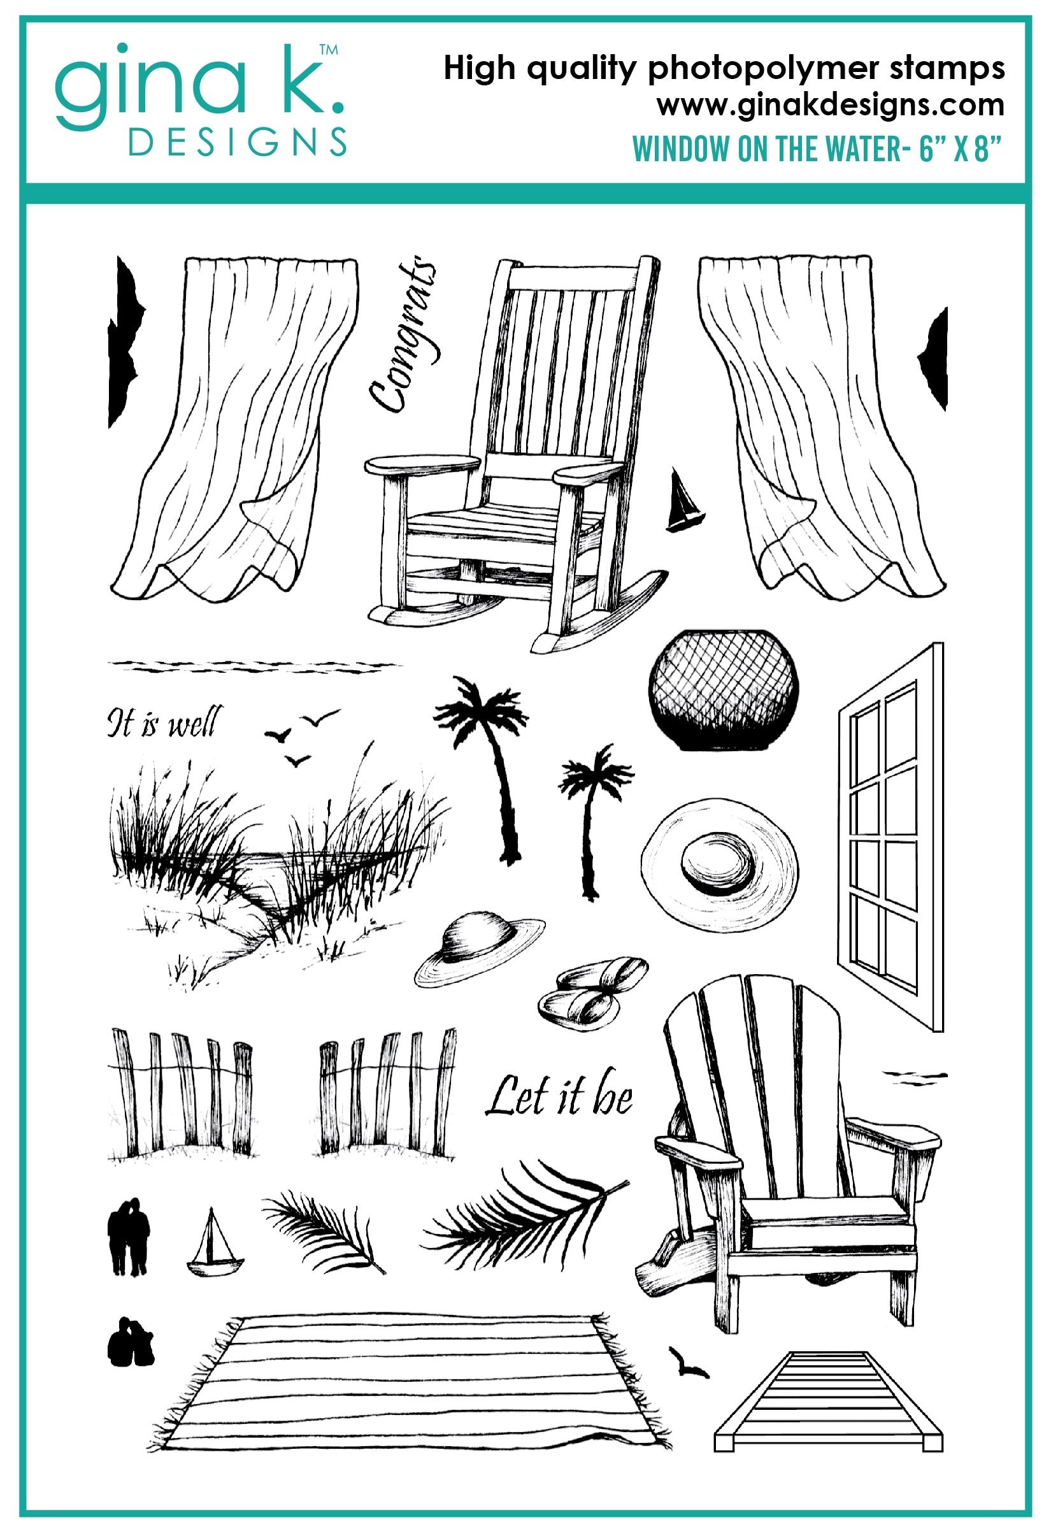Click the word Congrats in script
tap(401, 335)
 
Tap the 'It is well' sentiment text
tap(164, 722)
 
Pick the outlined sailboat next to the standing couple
tap(215, 1241)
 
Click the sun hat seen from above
tap(719, 863)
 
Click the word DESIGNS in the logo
tap(238, 141)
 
